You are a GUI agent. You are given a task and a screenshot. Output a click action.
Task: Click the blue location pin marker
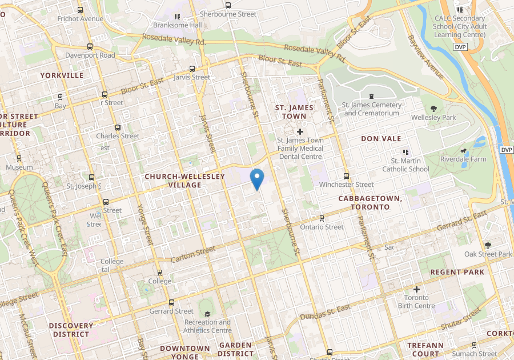coord(257,179)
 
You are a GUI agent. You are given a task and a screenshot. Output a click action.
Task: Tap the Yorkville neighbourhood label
coord(62,75)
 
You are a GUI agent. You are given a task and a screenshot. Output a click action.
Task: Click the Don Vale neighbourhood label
coord(381,139)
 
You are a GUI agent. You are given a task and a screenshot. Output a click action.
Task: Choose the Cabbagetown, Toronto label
coord(370,202)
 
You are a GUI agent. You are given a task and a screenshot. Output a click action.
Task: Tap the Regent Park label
coord(457,272)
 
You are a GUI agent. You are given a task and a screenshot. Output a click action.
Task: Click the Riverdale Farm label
coord(463,159)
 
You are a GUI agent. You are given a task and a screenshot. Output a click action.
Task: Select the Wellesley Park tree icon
coord(433,109)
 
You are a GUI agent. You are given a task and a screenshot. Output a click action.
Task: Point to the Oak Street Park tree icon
coord(488,245)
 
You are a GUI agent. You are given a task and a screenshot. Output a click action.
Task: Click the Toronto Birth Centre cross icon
coord(416,289)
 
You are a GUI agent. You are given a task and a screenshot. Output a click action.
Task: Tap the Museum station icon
coord(19,158)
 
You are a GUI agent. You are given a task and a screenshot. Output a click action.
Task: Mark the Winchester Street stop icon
coord(346,176)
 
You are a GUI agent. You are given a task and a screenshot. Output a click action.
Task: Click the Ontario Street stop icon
coord(322,218)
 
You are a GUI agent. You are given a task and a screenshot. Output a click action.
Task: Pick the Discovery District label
coord(71,330)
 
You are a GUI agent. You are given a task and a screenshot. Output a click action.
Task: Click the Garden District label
coord(235,349)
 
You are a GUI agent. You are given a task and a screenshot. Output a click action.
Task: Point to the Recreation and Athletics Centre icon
coord(207,314)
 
